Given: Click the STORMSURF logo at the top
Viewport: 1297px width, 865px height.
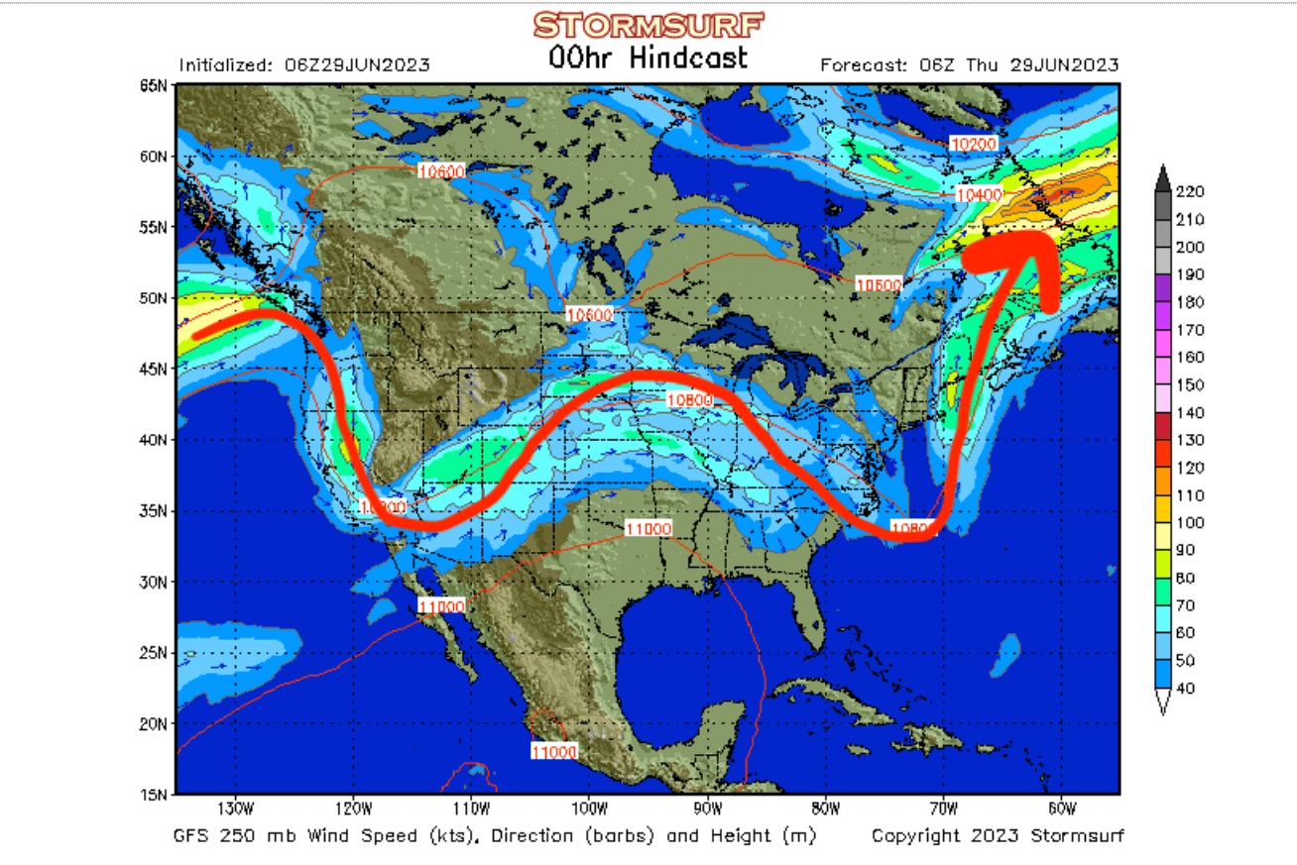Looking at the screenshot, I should point(648,24).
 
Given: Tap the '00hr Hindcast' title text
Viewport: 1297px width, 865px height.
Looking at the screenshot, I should point(648,57).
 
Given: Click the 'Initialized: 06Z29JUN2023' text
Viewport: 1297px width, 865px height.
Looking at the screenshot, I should point(304,65).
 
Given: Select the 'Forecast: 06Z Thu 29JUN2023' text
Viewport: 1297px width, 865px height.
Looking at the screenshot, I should point(970,65).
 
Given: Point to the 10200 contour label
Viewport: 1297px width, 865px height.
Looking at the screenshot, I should point(973,144).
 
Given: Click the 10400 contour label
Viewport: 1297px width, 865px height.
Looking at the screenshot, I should point(979,195).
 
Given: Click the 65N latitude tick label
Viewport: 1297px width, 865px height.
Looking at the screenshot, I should point(154,86).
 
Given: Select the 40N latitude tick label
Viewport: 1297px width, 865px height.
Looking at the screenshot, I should point(154,440).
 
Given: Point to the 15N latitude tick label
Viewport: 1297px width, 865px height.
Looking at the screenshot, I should point(154,794).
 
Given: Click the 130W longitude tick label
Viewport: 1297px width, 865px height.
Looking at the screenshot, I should point(235,808).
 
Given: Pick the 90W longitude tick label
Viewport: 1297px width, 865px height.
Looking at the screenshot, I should point(707,808).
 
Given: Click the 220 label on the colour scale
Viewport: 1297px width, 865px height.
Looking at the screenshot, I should point(1189,191).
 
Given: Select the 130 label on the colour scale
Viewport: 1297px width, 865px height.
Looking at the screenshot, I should point(1189,440).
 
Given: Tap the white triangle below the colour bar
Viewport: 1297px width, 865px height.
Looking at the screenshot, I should point(1164,702).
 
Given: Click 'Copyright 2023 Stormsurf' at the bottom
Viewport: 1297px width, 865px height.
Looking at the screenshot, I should point(998,836).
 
